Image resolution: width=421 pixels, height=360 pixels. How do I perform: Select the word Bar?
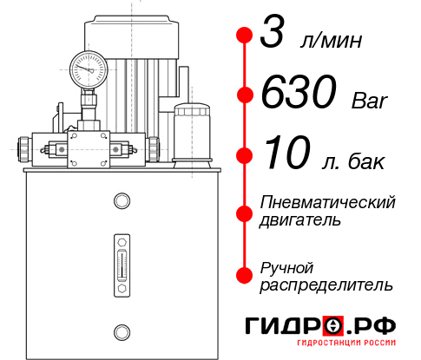point(372,101)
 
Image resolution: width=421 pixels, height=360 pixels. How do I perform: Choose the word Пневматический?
point(328,203)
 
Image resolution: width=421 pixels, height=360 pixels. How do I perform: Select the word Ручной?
point(286,266)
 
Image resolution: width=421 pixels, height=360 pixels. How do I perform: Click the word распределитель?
point(326,285)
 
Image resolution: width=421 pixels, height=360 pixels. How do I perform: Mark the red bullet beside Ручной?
point(245,274)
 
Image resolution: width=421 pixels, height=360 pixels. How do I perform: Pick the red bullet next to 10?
point(245,156)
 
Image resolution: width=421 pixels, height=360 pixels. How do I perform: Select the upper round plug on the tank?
point(121,201)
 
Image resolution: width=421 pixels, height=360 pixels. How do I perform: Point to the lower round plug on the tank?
point(121,330)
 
